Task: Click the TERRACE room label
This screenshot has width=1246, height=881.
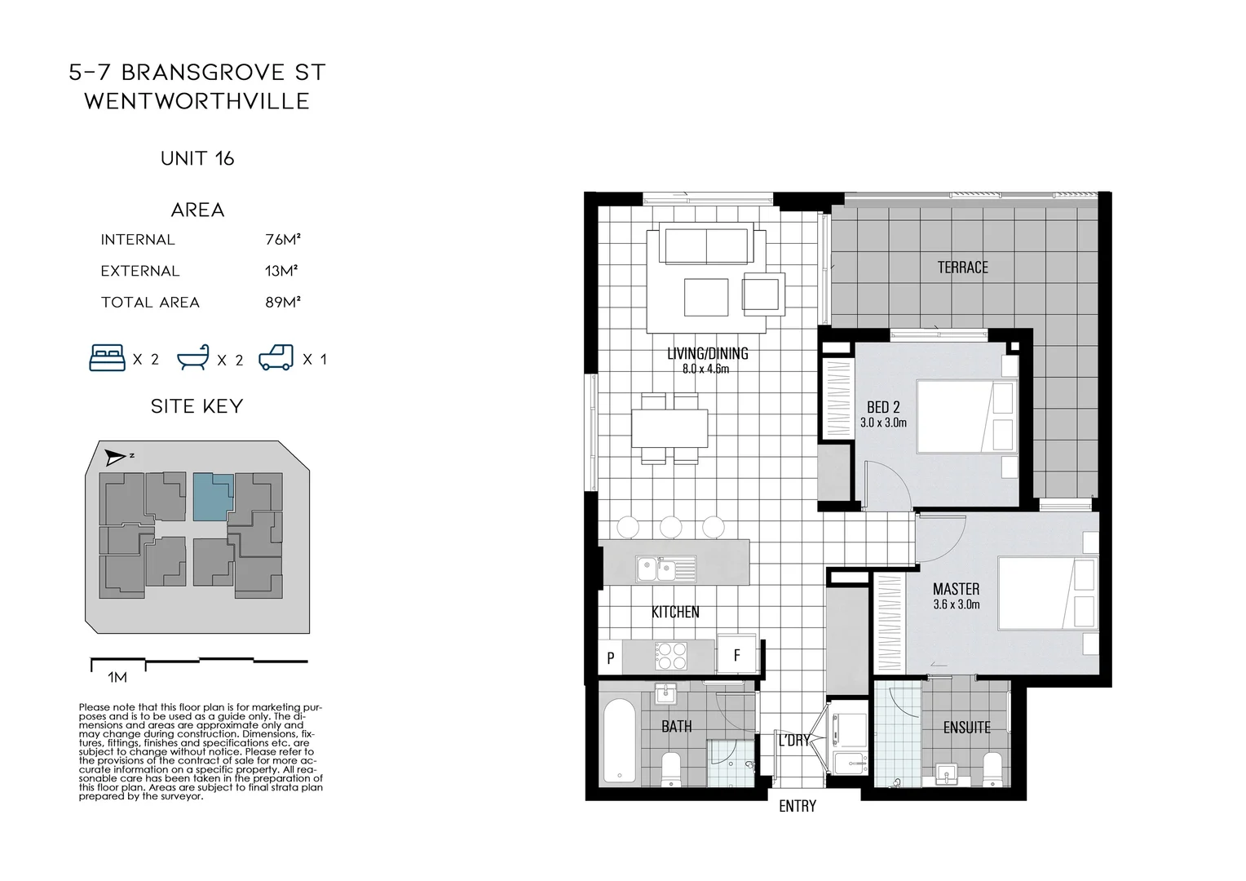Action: [962, 268]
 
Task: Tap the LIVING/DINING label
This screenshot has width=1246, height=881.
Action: [707, 354]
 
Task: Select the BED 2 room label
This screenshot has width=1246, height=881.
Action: [883, 407]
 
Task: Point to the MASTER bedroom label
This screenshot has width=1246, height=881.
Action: [956, 589]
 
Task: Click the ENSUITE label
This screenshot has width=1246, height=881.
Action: [966, 728]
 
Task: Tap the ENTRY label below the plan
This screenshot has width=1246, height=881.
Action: [797, 807]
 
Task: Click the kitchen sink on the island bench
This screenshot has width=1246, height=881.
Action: [665, 566]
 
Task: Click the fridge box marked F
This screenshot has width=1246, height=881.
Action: [737, 655]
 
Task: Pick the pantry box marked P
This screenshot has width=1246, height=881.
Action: [610, 657]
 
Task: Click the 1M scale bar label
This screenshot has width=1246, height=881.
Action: [117, 677]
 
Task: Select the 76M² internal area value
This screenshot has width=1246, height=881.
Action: [282, 240]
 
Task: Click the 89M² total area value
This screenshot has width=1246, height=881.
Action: [282, 303]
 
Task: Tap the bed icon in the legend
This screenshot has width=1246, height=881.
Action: [108, 358]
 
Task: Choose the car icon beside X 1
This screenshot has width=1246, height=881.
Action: [276, 358]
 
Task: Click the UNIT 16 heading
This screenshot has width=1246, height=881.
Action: [197, 158]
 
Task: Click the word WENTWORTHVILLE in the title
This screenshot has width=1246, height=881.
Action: [197, 101]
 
